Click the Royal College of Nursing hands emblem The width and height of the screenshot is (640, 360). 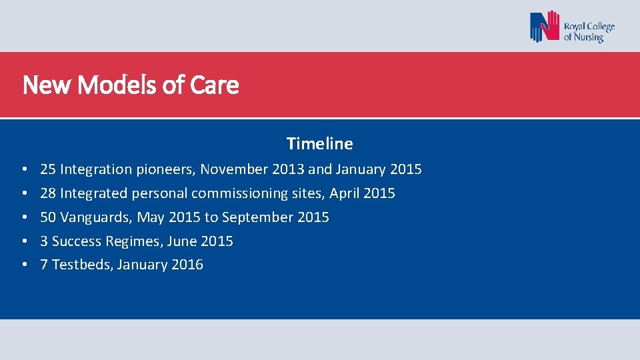point(545,27)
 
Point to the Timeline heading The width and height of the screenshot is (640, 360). point(319,143)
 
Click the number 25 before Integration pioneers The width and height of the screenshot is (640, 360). point(48,169)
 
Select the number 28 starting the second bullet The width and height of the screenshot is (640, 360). point(48,193)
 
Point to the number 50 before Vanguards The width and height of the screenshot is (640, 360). point(48,217)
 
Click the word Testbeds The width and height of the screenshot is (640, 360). point(80,265)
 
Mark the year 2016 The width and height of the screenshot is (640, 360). point(187,265)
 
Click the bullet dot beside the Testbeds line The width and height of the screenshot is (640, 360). point(24,265)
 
